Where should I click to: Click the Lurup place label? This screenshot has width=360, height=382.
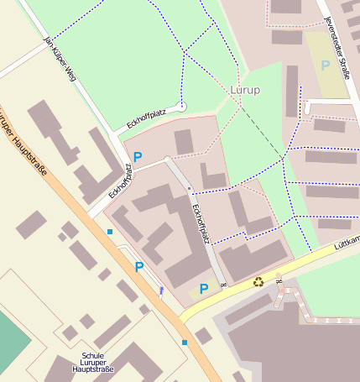(244, 89)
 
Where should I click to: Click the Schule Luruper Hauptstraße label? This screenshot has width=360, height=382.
(92, 361)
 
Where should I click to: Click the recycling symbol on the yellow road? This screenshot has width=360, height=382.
(258, 282)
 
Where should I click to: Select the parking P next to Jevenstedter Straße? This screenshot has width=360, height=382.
(326, 65)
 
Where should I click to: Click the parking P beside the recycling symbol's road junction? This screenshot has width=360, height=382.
(204, 290)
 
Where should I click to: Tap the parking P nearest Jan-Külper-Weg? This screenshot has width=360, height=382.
(138, 157)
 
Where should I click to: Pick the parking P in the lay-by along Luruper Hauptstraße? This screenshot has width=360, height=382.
(139, 267)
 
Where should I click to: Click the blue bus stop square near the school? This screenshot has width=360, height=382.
(185, 342)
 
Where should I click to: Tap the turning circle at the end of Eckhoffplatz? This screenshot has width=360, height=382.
(182, 106)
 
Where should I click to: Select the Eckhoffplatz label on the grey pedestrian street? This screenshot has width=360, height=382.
(200, 223)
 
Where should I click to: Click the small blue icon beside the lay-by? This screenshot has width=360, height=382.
(161, 291)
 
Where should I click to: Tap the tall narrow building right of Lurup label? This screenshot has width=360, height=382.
(291, 91)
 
